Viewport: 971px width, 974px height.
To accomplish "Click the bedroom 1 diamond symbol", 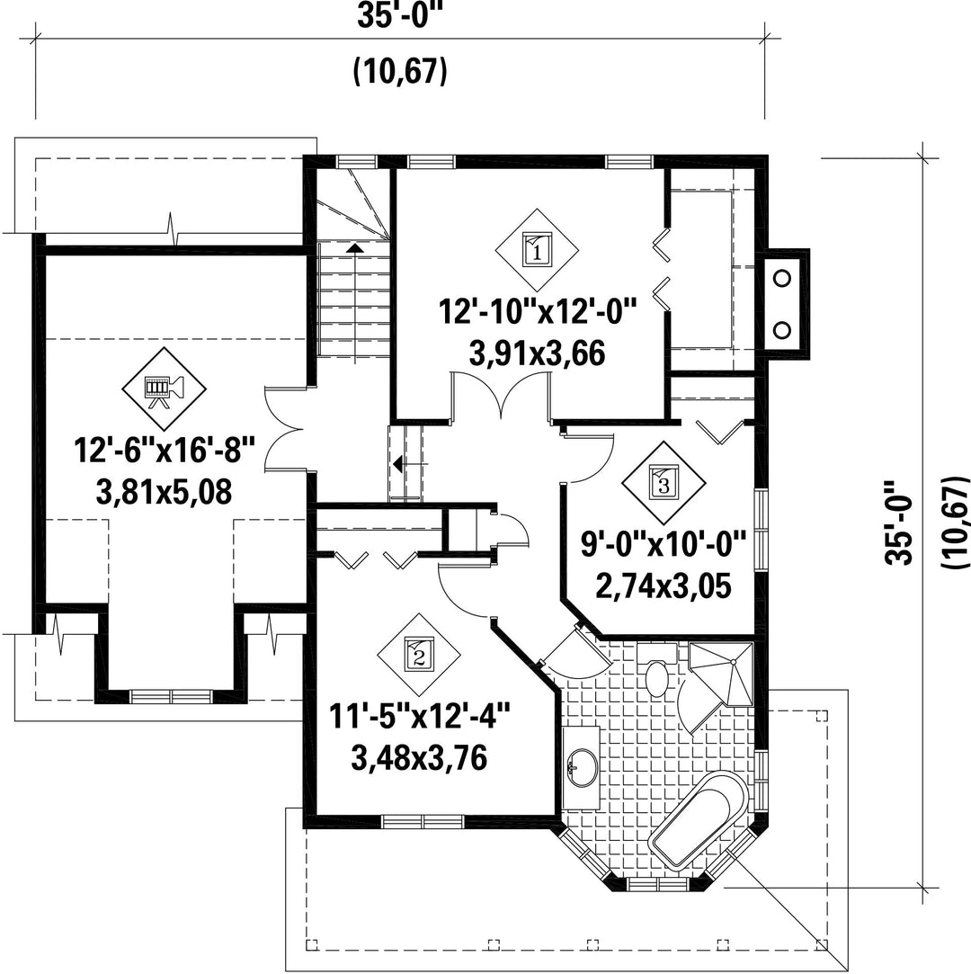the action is pyautogui.click(x=537, y=250).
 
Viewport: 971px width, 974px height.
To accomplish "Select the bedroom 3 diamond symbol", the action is pyautogui.click(x=664, y=483).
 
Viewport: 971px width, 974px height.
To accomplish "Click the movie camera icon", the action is pyautogui.click(x=164, y=389).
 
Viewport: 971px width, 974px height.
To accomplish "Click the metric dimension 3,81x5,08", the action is pyautogui.click(x=164, y=492).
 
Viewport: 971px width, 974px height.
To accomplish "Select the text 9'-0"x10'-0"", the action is pyautogui.click(x=663, y=544).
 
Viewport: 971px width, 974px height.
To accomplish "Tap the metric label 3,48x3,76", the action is pyautogui.click(x=419, y=758).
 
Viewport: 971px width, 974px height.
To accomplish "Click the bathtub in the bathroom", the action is pyautogui.click(x=699, y=819).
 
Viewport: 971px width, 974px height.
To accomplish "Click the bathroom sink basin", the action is pyautogui.click(x=582, y=768).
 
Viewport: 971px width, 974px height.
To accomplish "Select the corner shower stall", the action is pyautogui.click(x=721, y=675).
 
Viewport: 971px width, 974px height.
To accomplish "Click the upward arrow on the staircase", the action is pyautogui.click(x=354, y=248).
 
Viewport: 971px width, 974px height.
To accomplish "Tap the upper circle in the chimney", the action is pyautogui.click(x=783, y=278).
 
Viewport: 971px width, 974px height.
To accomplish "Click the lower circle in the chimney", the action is pyautogui.click(x=783, y=330).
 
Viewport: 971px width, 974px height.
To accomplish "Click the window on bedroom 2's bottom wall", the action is pyautogui.click(x=423, y=821).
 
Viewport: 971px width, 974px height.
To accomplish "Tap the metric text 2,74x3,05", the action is pyautogui.click(x=663, y=585).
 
